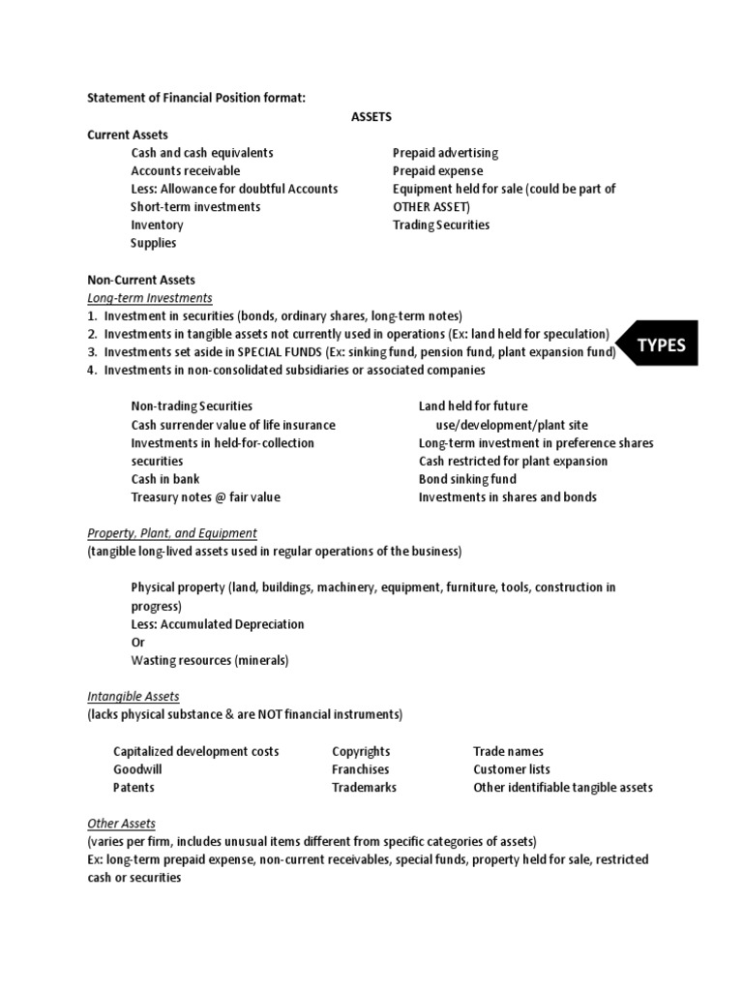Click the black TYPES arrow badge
click(661, 345)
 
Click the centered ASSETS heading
click(371, 116)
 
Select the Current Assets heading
click(128, 135)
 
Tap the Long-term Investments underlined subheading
click(150, 297)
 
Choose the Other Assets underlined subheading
click(121, 824)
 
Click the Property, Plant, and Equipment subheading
click(172, 532)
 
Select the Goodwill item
click(137, 769)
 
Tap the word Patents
click(134, 788)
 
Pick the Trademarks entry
click(364, 788)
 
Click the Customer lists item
click(512, 769)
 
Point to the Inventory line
click(157, 225)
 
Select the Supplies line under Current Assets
click(154, 244)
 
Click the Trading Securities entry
click(441, 225)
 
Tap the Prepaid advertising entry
click(445, 153)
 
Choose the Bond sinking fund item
click(467, 479)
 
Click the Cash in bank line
click(163, 479)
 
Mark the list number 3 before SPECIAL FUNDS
click(92, 352)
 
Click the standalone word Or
click(137, 643)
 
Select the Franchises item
click(361, 769)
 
